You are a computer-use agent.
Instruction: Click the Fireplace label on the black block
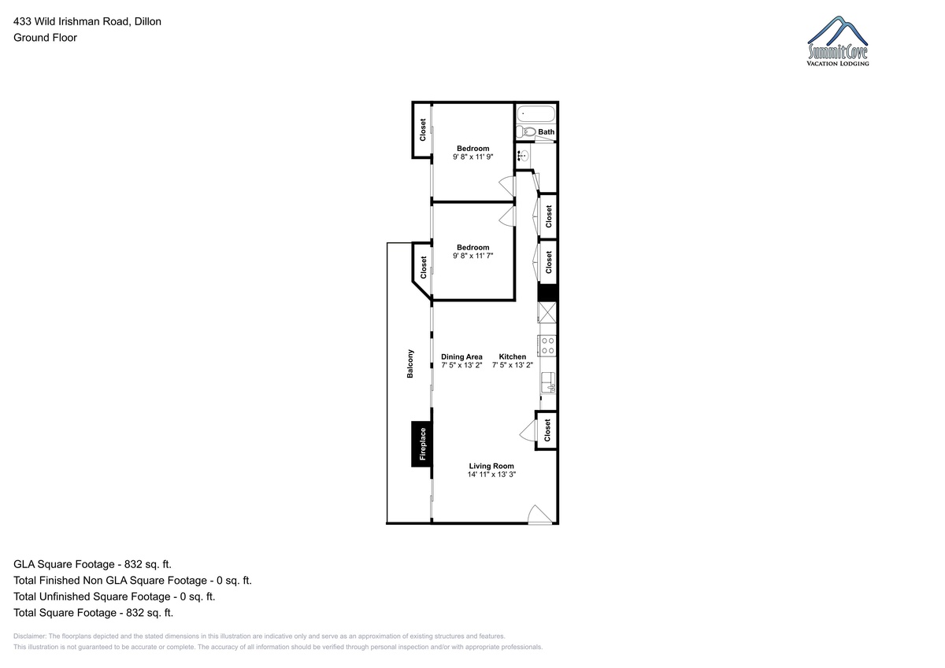[x=423, y=444]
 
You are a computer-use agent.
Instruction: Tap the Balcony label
[x=409, y=364]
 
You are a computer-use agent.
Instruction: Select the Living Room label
[x=491, y=466]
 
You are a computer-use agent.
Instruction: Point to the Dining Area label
[x=461, y=356]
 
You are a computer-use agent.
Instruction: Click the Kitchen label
[x=512, y=356]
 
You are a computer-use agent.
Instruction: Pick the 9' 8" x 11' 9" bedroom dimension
[x=473, y=157]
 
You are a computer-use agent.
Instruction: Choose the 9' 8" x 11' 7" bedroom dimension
[x=473, y=256]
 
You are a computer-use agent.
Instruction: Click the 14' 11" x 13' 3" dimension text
[x=491, y=474]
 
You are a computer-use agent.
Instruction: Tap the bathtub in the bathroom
[x=535, y=114]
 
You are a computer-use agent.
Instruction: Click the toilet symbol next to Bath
[x=526, y=131]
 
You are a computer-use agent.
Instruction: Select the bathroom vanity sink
[x=523, y=157]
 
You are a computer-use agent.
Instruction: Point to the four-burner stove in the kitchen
[x=547, y=345]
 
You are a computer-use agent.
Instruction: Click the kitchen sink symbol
[x=548, y=382]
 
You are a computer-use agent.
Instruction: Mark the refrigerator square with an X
[x=547, y=312]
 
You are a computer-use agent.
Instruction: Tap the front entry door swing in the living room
[x=540, y=515]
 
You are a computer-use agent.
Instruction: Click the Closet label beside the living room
[x=547, y=430]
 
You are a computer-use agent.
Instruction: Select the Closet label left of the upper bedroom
[x=422, y=130]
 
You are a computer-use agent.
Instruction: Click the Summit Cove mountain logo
[x=838, y=41]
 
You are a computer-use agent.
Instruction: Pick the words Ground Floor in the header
[x=45, y=38]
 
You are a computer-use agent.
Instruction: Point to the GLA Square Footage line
[x=92, y=564]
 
